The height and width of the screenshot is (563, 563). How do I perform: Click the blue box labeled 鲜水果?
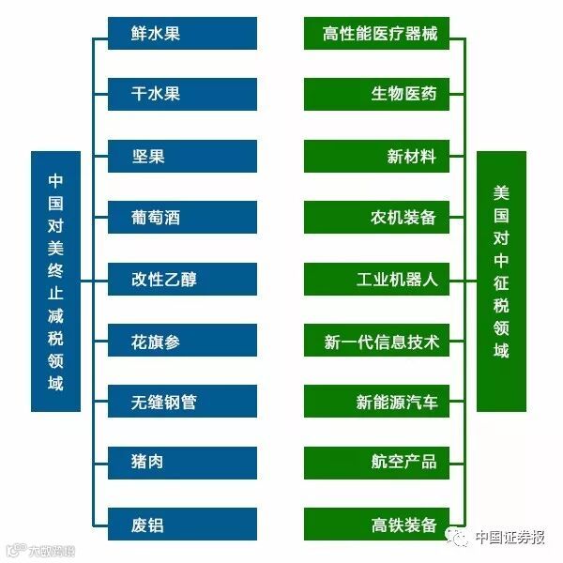tap(182, 34)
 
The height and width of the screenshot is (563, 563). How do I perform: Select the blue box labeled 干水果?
tap(182, 95)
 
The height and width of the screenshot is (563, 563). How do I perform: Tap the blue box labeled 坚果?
tap(182, 157)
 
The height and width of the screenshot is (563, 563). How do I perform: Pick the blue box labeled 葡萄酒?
tap(182, 218)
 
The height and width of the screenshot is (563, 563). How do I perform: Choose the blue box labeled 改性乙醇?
tap(182, 280)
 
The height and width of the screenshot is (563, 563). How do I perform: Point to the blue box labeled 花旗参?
tap(182, 342)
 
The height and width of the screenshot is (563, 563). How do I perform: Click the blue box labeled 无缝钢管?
tap(182, 403)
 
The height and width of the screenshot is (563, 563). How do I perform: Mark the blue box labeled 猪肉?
tap(182, 464)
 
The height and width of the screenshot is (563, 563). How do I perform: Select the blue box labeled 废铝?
tap(182, 525)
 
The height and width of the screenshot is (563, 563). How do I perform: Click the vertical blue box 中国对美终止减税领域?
tap(55, 281)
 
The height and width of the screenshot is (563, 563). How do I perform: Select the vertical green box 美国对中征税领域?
tap(501, 281)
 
